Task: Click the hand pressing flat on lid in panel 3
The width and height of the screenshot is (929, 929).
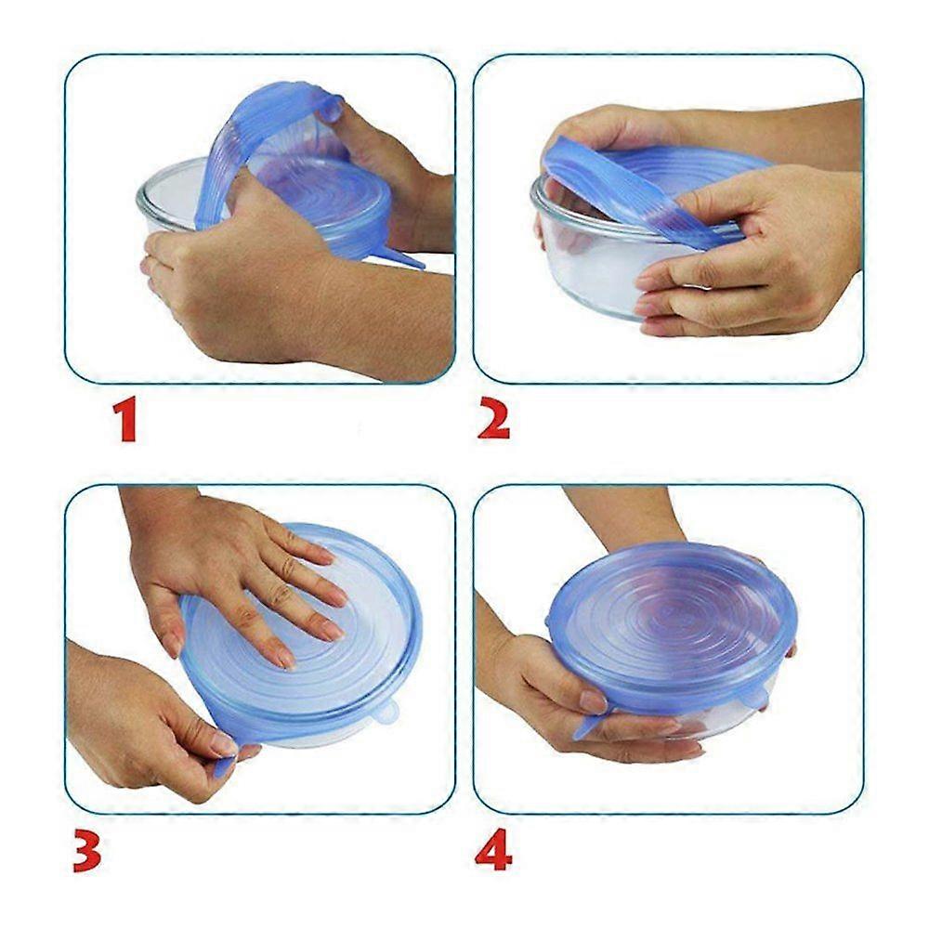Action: coord(237,569)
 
